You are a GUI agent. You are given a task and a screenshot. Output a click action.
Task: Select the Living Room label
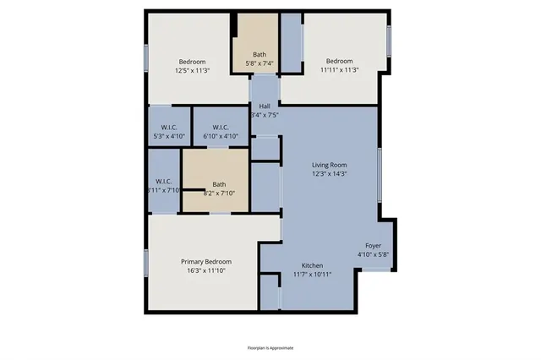[x=330, y=165]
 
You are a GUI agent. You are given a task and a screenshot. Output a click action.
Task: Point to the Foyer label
[x=373, y=245]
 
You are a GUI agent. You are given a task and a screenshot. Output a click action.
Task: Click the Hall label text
[x=265, y=106]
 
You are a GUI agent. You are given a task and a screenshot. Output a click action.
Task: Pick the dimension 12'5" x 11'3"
[x=194, y=71]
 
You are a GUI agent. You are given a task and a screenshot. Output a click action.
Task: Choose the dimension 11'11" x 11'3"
[x=339, y=71]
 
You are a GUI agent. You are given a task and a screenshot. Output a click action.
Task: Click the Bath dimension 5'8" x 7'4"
[x=259, y=64]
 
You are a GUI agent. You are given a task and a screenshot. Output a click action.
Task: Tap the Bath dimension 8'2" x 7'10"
[x=219, y=194]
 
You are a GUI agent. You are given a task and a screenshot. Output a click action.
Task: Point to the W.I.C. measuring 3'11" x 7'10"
[x=164, y=191]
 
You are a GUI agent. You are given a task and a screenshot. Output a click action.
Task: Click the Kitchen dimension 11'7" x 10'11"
[x=312, y=275]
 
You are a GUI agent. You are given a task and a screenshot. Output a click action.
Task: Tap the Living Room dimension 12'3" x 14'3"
[x=330, y=174]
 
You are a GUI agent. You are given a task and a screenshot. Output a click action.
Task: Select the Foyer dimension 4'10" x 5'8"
[x=373, y=254]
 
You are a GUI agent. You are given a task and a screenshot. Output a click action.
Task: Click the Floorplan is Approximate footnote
[x=270, y=347]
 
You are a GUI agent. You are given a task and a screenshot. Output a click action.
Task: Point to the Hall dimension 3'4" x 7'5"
[x=265, y=115]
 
